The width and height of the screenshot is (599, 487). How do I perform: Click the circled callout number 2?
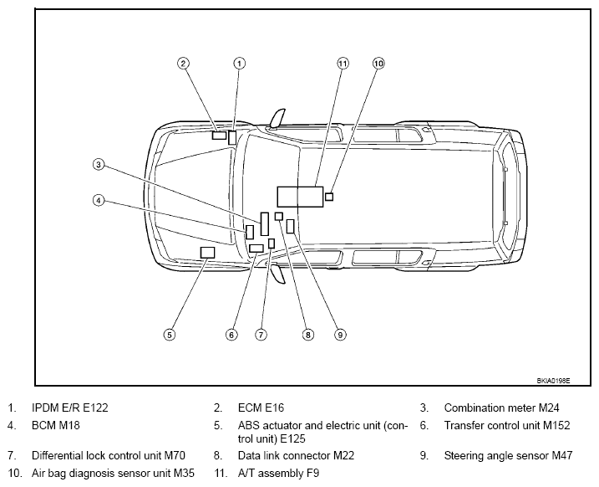pos(183,63)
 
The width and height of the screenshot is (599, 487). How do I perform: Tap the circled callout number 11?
pos(343,63)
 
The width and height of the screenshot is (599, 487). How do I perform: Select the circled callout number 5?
pos(170,335)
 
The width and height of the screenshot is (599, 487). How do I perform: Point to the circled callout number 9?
pos(340,335)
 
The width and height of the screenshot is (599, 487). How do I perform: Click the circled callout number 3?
pos(99,165)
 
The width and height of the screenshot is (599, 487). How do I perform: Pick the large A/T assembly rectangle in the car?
pos(300,197)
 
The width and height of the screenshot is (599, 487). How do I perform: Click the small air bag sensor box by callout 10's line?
pos(329,197)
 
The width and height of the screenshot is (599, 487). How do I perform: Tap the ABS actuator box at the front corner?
pos(207,253)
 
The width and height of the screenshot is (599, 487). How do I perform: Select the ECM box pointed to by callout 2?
pos(219,135)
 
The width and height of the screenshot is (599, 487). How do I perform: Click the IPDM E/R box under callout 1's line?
pos(232,138)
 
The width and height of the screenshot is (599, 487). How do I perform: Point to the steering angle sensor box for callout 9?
pos(291,226)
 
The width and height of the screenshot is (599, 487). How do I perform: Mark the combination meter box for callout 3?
pos(264,223)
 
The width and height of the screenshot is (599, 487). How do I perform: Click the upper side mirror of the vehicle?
pos(277,118)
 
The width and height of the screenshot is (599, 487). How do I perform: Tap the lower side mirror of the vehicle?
pos(277,274)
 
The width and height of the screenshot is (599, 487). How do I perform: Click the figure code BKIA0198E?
pos(553,381)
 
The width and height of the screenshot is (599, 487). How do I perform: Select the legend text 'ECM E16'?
pos(261,408)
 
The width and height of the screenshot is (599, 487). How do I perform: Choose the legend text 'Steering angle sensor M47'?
pos(508,456)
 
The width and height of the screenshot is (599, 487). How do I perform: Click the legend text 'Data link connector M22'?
pos(296,456)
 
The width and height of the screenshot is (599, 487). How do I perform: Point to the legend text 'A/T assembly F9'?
pos(278,474)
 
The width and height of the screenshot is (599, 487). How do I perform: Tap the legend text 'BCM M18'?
pos(56,425)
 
